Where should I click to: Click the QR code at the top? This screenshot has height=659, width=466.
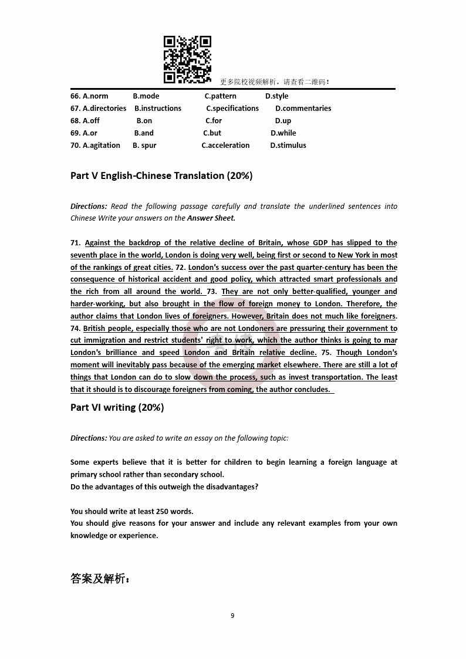[187, 60]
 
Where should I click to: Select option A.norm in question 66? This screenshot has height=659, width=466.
[95, 96]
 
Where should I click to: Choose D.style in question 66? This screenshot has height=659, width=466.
[276, 96]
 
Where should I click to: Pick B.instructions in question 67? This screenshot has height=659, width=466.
[158, 109]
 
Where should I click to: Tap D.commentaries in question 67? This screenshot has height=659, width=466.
[303, 109]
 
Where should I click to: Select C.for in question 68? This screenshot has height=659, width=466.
[214, 121]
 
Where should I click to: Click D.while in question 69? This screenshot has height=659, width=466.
[283, 133]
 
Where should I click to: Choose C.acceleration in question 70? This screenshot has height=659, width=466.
[225, 146]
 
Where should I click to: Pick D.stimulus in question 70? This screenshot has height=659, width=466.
[288, 146]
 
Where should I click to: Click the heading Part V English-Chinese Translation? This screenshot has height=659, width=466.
[161, 175]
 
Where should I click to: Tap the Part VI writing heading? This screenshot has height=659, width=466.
[117, 407]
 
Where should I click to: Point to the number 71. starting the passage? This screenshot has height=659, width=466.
[76, 243]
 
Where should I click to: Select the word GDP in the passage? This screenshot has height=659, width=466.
[320, 243]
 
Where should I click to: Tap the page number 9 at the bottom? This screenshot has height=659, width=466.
[232, 616]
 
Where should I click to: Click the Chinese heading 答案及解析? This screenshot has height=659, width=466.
[100, 579]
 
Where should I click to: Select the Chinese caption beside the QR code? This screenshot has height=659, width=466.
[275, 82]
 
